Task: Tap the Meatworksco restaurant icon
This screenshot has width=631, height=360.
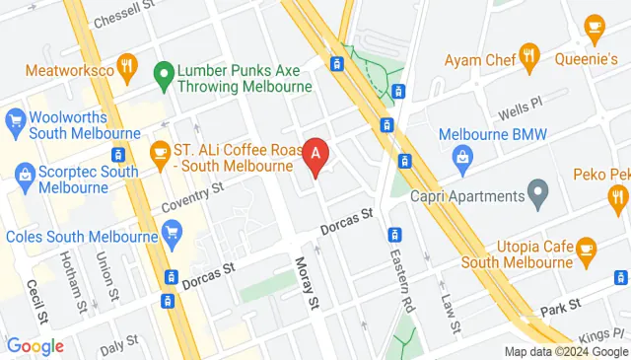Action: (x=126, y=67)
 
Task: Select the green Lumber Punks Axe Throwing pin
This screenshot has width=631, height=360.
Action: (x=164, y=74)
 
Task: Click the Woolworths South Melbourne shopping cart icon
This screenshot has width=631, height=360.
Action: (x=15, y=121)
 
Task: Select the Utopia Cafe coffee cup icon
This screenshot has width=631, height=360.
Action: (x=587, y=248)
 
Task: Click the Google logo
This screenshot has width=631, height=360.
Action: (x=35, y=345)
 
